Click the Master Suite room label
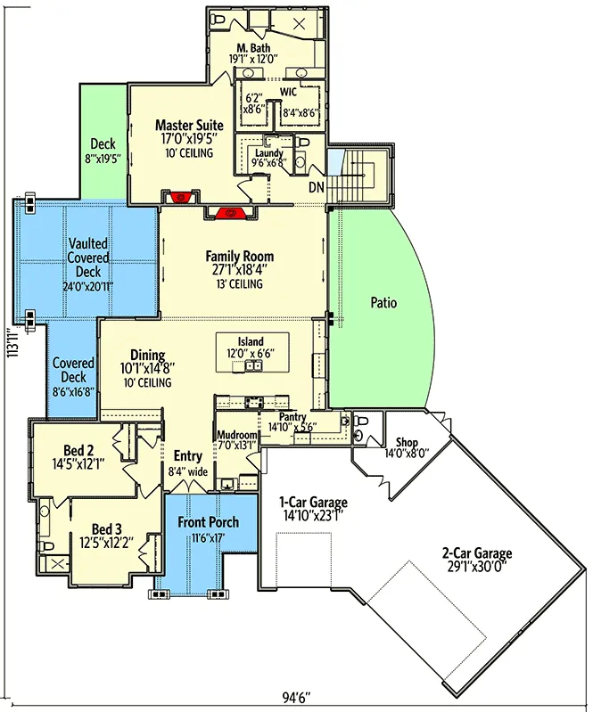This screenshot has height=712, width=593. coord(189,125)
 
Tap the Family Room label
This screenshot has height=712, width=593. coord(240,256)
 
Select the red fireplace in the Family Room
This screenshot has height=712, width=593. coord(231,212)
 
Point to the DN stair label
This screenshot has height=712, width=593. coord(317,186)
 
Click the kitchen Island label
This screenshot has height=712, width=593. coord(251,341)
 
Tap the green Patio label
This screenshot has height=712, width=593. coord(383,302)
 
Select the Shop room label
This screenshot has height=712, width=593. coord(407,442)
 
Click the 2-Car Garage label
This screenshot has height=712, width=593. coord(477,553)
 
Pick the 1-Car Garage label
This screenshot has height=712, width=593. coord(313,503)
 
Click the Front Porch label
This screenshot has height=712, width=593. coord(208,522)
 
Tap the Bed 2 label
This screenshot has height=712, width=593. coord(78,450)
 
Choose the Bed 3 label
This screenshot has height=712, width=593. coord(107,529)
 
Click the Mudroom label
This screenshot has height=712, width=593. coord(236,435)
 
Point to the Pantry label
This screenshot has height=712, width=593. coord(292,417)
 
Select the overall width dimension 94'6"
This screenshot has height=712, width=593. coord(296,697)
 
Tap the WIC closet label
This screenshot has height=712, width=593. coord(288,92)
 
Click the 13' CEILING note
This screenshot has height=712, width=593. coord(240,284)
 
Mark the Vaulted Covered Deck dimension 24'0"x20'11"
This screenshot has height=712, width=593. coord(88,287)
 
